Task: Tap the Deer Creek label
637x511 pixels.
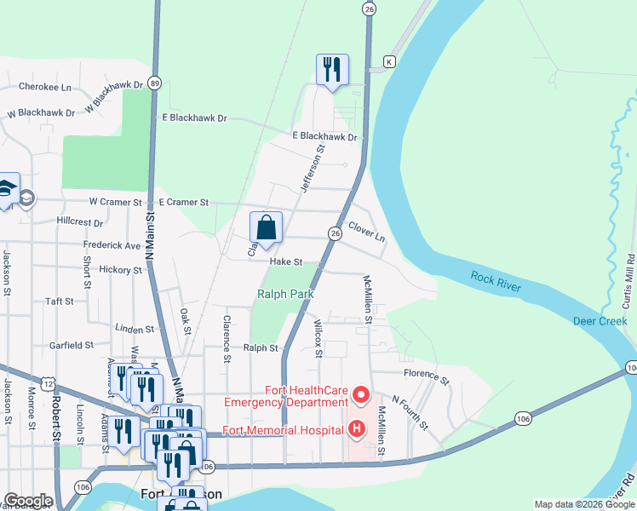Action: click(x=600, y=321)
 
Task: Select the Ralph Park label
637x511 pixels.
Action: click(x=285, y=294)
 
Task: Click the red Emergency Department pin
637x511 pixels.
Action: click(x=360, y=394)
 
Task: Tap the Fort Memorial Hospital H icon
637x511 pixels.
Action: click(x=356, y=428)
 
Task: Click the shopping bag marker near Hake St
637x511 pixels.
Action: click(x=266, y=227)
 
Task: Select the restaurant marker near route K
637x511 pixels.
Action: click(x=332, y=70)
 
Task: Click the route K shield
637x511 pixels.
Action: click(x=389, y=62)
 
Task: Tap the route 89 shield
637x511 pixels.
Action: click(x=154, y=83)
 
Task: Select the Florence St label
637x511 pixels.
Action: click(x=426, y=375)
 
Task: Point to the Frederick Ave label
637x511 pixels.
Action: click(x=112, y=245)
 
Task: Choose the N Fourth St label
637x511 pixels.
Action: click(x=410, y=411)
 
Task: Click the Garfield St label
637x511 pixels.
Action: click(x=71, y=345)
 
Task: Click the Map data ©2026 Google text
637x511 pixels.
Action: click(x=584, y=504)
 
